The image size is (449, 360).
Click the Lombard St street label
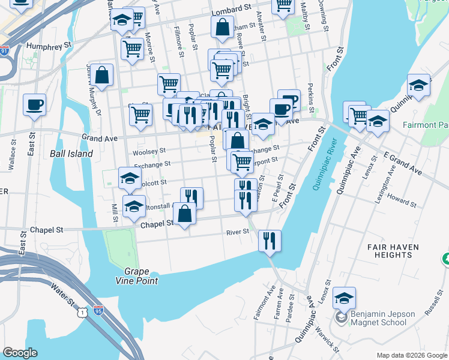click(231, 10)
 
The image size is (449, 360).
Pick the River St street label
click(237, 232)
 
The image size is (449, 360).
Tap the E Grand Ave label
click(402, 164)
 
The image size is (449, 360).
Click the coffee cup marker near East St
click(34, 104)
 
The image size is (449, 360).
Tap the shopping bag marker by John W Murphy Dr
click(102, 76)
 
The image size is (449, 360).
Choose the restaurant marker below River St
click(270, 241)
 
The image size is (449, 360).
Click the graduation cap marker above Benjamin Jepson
click(345, 298)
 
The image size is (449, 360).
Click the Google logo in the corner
click(20, 353)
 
